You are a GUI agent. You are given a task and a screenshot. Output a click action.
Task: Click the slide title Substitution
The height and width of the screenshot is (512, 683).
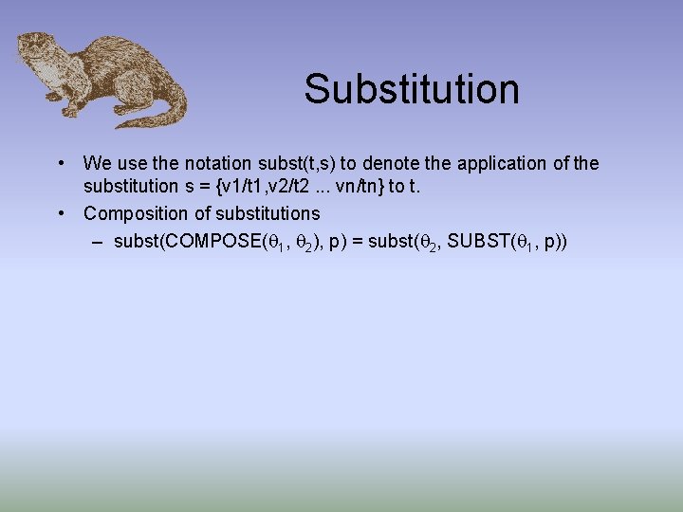412,89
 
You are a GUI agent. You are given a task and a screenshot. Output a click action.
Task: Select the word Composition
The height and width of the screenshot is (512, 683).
138,213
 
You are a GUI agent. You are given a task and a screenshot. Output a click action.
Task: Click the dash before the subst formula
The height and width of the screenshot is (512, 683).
98,241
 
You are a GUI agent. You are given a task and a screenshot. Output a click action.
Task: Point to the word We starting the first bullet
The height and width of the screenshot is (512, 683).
96,163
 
